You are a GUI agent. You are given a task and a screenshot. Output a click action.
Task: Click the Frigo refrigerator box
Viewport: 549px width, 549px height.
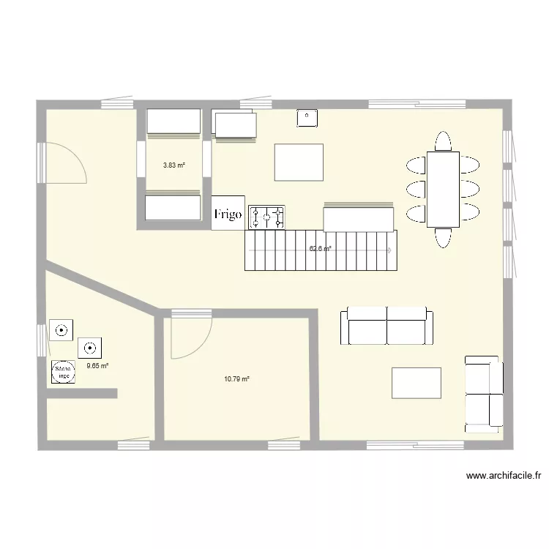[228, 213]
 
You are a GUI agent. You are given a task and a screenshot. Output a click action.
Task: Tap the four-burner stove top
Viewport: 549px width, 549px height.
[267, 216]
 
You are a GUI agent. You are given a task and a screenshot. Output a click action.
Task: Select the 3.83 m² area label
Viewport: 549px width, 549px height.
[174, 165]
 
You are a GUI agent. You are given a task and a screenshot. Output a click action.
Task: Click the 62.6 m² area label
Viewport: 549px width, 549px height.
[320, 249]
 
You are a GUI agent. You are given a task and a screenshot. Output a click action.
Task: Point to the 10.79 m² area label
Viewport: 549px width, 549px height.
[236, 379]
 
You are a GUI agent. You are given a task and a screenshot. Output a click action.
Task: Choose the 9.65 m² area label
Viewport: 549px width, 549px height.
[97, 366]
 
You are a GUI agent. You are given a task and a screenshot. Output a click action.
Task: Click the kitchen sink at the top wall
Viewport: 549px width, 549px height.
[307, 117]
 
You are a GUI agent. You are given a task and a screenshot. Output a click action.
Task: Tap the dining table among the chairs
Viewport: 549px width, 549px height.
[443, 189]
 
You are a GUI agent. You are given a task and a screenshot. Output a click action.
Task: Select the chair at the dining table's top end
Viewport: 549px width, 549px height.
[443, 141]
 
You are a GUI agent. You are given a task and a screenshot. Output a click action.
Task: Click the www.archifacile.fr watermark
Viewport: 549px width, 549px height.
[504, 476]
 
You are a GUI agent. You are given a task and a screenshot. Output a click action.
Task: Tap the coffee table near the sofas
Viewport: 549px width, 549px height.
[417, 383]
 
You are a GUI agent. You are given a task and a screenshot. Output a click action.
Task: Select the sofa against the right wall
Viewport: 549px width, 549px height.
[483, 394]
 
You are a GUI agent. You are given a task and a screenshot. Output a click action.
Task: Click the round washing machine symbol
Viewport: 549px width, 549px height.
[63, 373]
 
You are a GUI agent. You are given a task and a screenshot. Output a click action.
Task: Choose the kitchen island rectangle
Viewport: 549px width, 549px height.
[299, 162]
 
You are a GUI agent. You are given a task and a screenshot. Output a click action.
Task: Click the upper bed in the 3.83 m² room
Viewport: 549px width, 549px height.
[173, 122]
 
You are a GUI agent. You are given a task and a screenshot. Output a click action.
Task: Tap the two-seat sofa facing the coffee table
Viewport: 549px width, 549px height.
[386, 326]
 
